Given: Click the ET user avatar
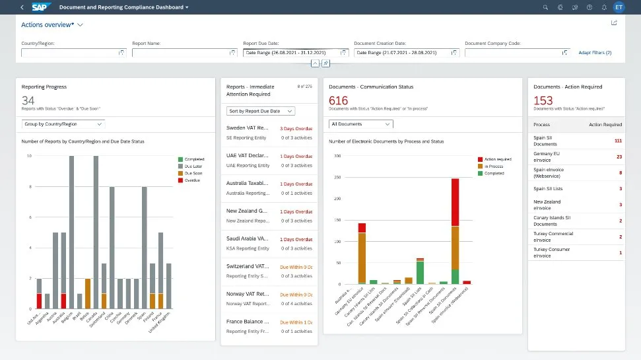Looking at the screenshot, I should (x=618, y=7).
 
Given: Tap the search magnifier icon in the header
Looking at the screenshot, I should (x=545, y=7).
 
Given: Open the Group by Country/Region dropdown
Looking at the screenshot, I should (x=63, y=124).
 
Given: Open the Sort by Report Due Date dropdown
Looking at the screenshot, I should (x=261, y=111).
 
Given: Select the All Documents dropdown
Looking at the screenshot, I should (x=360, y=124).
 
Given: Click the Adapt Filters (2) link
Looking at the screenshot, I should (x=595, y=52).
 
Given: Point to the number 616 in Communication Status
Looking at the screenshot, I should (x=338, y=100).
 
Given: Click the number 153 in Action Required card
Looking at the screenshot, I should (x=543, y=100).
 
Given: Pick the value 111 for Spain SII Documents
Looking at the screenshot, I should (x=617, y=141).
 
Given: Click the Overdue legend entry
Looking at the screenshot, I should (x=192, y=180).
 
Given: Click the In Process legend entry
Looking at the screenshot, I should (x=494, y=166).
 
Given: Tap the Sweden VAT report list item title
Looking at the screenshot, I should (x=248, y=127).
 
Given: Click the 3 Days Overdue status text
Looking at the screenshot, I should (x=296, y=128).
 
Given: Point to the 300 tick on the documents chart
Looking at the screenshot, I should (x=337, y=156).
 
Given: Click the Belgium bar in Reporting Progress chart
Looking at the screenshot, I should (x=71, y=232).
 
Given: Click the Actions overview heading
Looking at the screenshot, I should (x=47, y=24).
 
